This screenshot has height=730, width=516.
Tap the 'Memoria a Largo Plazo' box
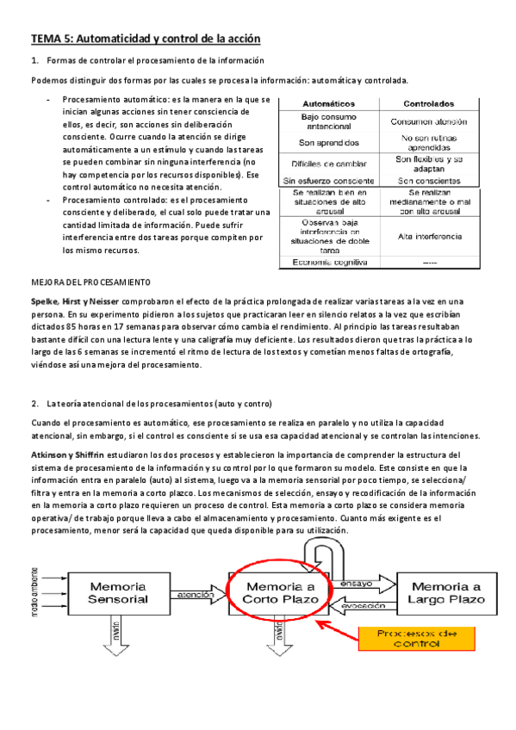(439, 591)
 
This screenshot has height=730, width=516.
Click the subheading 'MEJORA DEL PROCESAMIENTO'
(90, 282)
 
